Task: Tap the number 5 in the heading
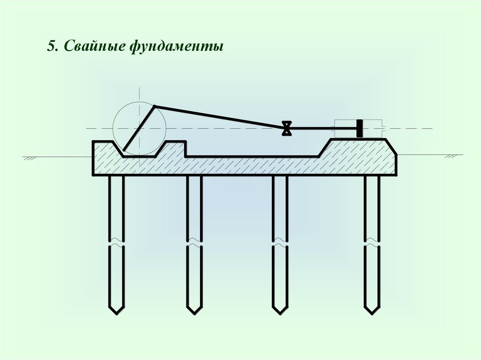50,47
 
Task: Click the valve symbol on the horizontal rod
286,128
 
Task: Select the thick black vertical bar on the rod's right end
360,128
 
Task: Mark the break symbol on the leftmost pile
116,243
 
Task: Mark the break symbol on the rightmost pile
372,243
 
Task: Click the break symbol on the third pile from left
280,243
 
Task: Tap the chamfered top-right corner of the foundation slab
391,146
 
